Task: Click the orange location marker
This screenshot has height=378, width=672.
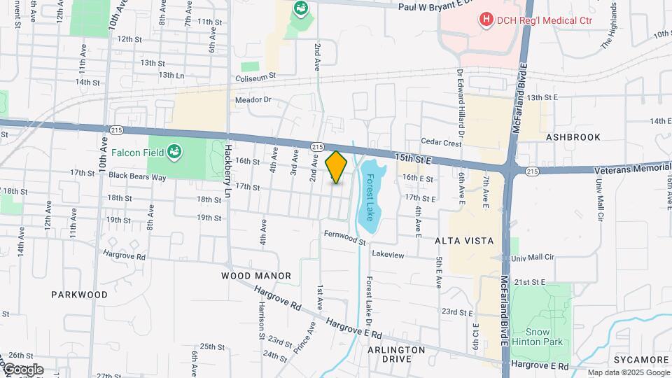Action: pyautogui.click(x=337, y=167)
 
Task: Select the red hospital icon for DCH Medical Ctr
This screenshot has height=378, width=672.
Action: pyautogui.click(x=486, y=20)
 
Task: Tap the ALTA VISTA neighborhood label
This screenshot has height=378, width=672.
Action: pyautogui.click(x=465, y=241)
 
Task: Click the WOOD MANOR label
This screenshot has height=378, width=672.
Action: pyautogui.click(x=256, y=276)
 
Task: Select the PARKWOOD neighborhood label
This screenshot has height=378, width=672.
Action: pyautogui.click(x=80, y=295)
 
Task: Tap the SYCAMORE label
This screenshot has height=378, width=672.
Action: pyautogui.click(x=641, y=360)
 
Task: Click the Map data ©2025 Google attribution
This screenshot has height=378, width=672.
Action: pyautogui.click(x=628, y=373)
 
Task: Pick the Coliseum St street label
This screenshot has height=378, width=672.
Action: pyautogui.click(x=255, y=76)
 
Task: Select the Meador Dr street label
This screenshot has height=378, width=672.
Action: pyautogui.click(x=253, y=100)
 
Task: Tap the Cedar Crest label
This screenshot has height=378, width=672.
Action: pyautogui.click(x=441, y=143)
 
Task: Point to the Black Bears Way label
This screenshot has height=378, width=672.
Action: pyautogui.click(x=137, y=177)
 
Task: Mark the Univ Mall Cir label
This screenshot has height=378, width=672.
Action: pyautogui.click(x=533, y=258)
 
